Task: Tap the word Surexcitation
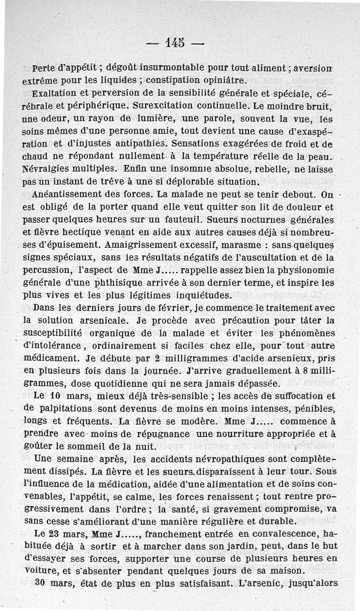pyautogui.click(x=157, y=108)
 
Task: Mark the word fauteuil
pyautogui.click(x=182, y=221)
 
